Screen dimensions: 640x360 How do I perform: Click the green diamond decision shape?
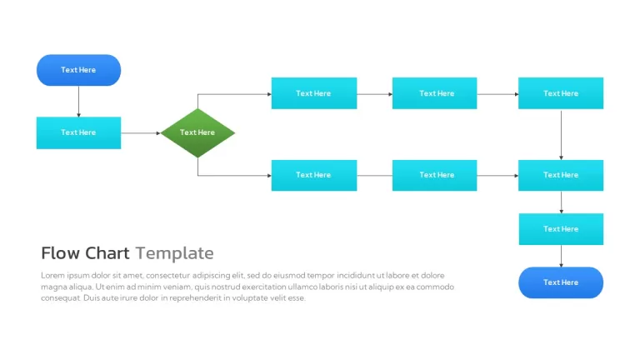click(198, 133)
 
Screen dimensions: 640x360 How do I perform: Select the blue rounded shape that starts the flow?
click(79, 70)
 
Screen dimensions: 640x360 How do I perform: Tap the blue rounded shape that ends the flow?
click(561, 282)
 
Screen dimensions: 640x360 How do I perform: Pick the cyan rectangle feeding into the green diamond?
click(79, 133)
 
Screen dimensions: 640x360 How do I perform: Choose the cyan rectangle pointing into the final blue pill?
click(561, 229)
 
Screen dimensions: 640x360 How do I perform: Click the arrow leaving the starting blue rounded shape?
click(79, 102)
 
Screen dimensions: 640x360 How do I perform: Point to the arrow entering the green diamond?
click(141, 133)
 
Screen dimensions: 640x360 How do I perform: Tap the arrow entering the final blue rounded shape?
click(561, 256)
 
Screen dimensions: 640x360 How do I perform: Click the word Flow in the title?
click(60, 253)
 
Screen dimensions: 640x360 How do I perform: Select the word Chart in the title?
click(107, 253)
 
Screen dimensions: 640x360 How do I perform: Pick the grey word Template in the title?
click(175, 253)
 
